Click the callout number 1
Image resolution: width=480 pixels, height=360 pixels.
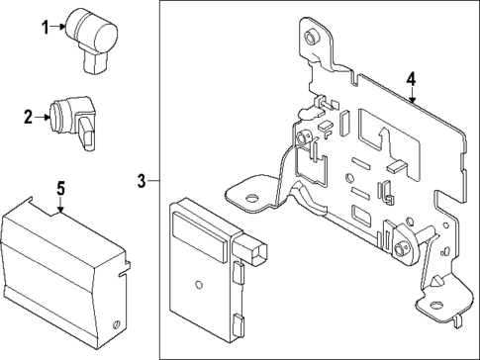point(44,27)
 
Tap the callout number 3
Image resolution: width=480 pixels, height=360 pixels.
point(143,180)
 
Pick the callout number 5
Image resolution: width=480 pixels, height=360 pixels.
point(59,187)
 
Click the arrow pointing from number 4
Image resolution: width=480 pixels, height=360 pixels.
point(411,96)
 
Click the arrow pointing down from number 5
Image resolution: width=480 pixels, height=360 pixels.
point(59,205)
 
